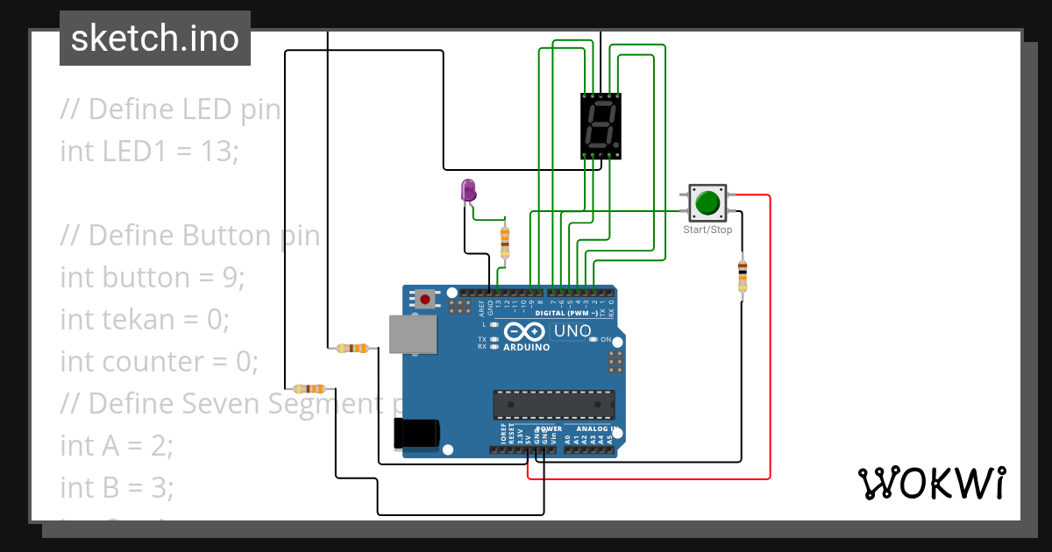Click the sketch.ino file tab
click(154, 39)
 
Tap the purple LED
click(468, 190)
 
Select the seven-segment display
click(601, 126)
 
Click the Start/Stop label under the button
click(707, 230)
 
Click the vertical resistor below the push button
click(743, 275)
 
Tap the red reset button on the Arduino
click(425, 299)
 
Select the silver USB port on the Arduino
click(413, 335)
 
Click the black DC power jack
click(416, 434)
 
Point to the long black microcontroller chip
click(553, 404)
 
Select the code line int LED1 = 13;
click(149, 151)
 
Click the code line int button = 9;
click(153, 277)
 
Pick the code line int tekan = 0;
click(145, 319)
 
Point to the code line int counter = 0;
click(159, 361)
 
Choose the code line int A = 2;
click(117, 445)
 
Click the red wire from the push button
click(770, 350)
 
